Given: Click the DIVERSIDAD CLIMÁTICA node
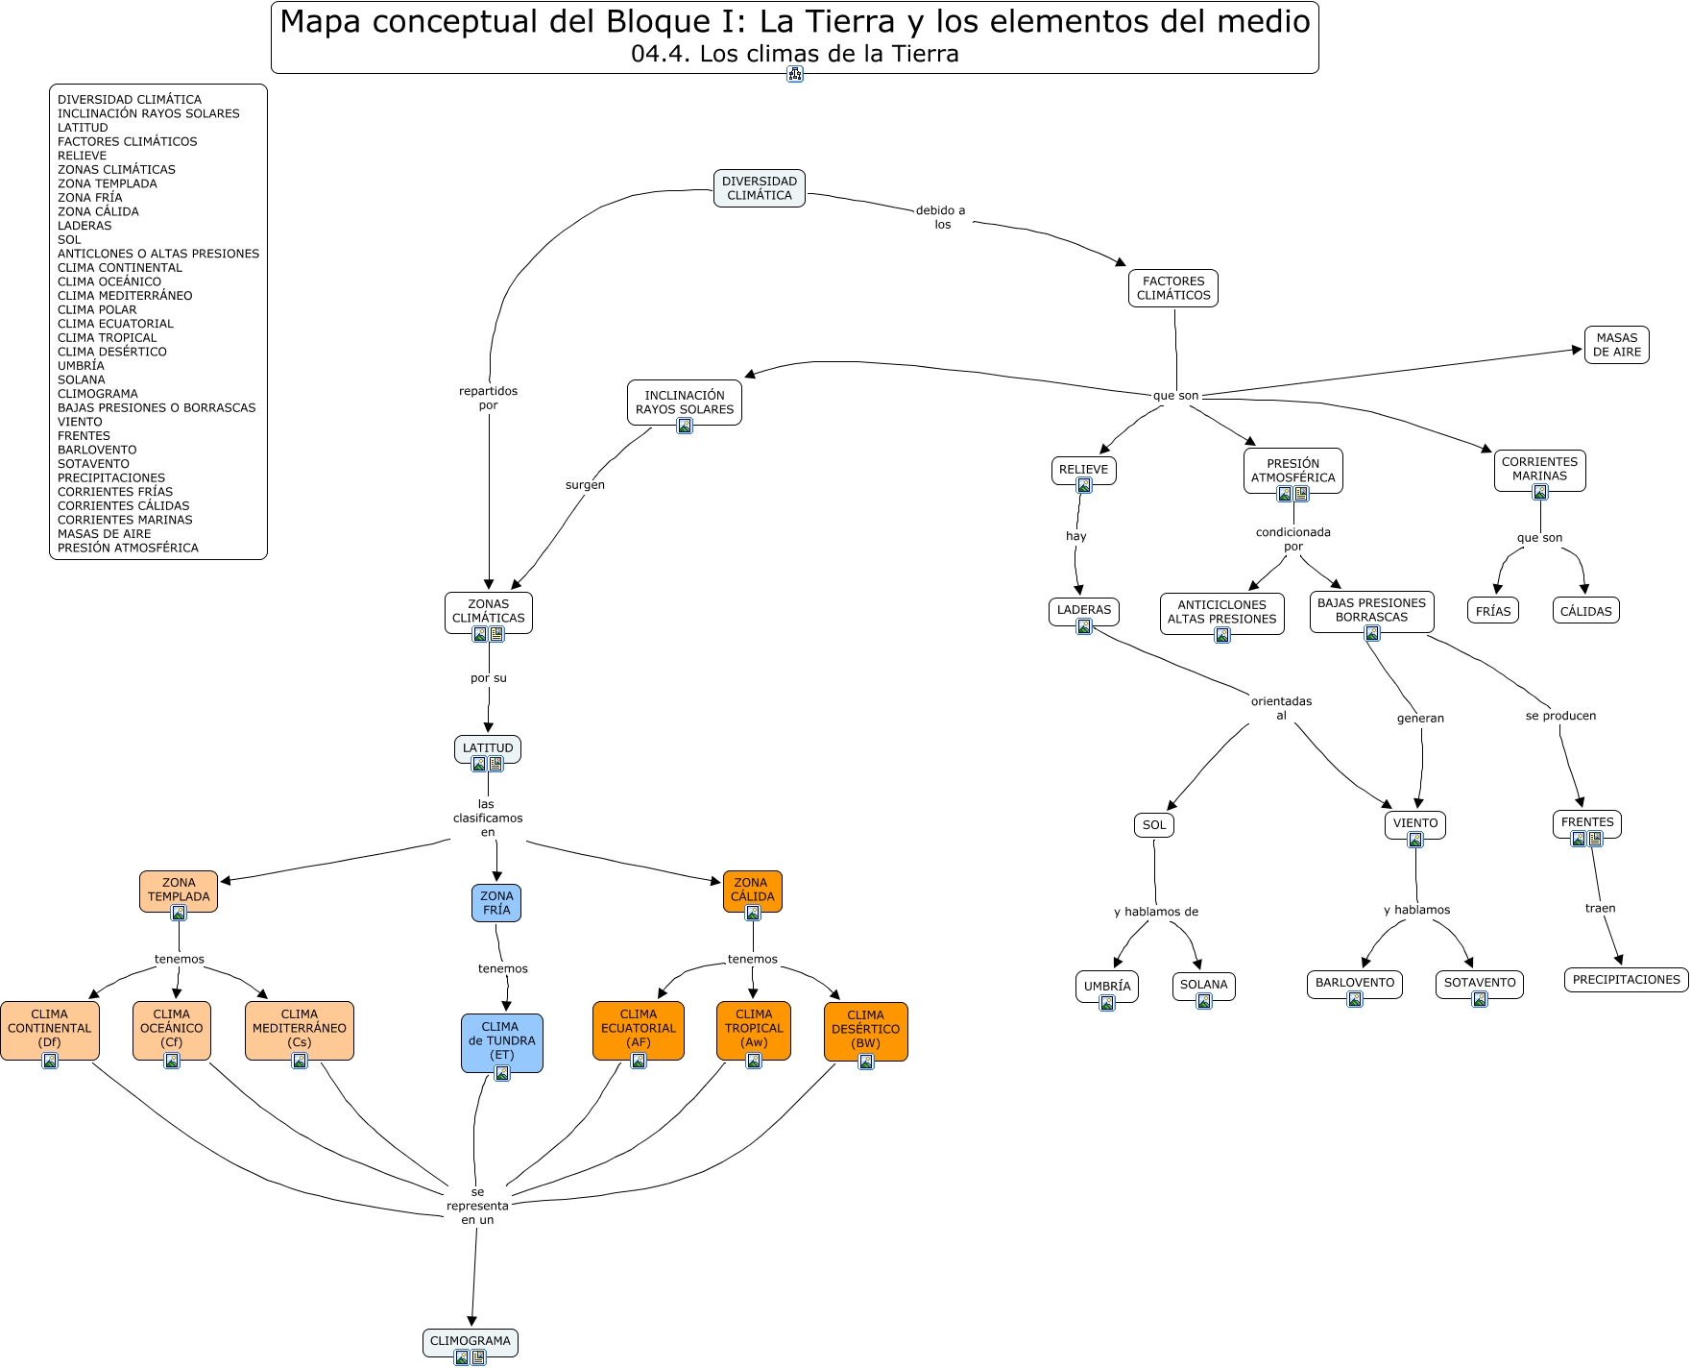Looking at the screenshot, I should pos(759,188).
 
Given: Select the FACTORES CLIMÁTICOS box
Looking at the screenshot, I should pos(1172,288).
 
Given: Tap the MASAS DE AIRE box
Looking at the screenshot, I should pos(1616,345).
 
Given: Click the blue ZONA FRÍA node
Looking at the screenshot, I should pos(496,902).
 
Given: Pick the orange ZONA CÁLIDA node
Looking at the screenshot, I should pos(752,890).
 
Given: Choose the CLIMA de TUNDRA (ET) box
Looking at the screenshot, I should pos(501,1040).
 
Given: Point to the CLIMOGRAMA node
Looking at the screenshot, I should pos(470,1341).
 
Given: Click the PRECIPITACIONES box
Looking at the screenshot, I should pos(1626,980).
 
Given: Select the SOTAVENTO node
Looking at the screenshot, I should pos(1479,983).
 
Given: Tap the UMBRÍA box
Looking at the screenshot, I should pos(1106,986).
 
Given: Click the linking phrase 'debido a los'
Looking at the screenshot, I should pos(941,217).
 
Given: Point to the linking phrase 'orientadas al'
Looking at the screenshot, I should pos(1281,708).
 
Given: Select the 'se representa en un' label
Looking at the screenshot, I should pos(477,1206).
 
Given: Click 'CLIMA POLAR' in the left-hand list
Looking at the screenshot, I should pos(97,309).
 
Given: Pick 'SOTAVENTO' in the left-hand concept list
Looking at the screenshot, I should pos(93,464).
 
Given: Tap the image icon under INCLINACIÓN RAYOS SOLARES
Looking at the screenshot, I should pos(685,426).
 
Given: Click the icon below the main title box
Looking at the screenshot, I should pos(794,74).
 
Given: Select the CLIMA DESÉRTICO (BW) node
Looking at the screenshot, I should pos(865,1029).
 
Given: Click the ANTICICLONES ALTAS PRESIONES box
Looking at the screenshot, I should pos(1221,612).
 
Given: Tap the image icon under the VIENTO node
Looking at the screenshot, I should pos(1414,841).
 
